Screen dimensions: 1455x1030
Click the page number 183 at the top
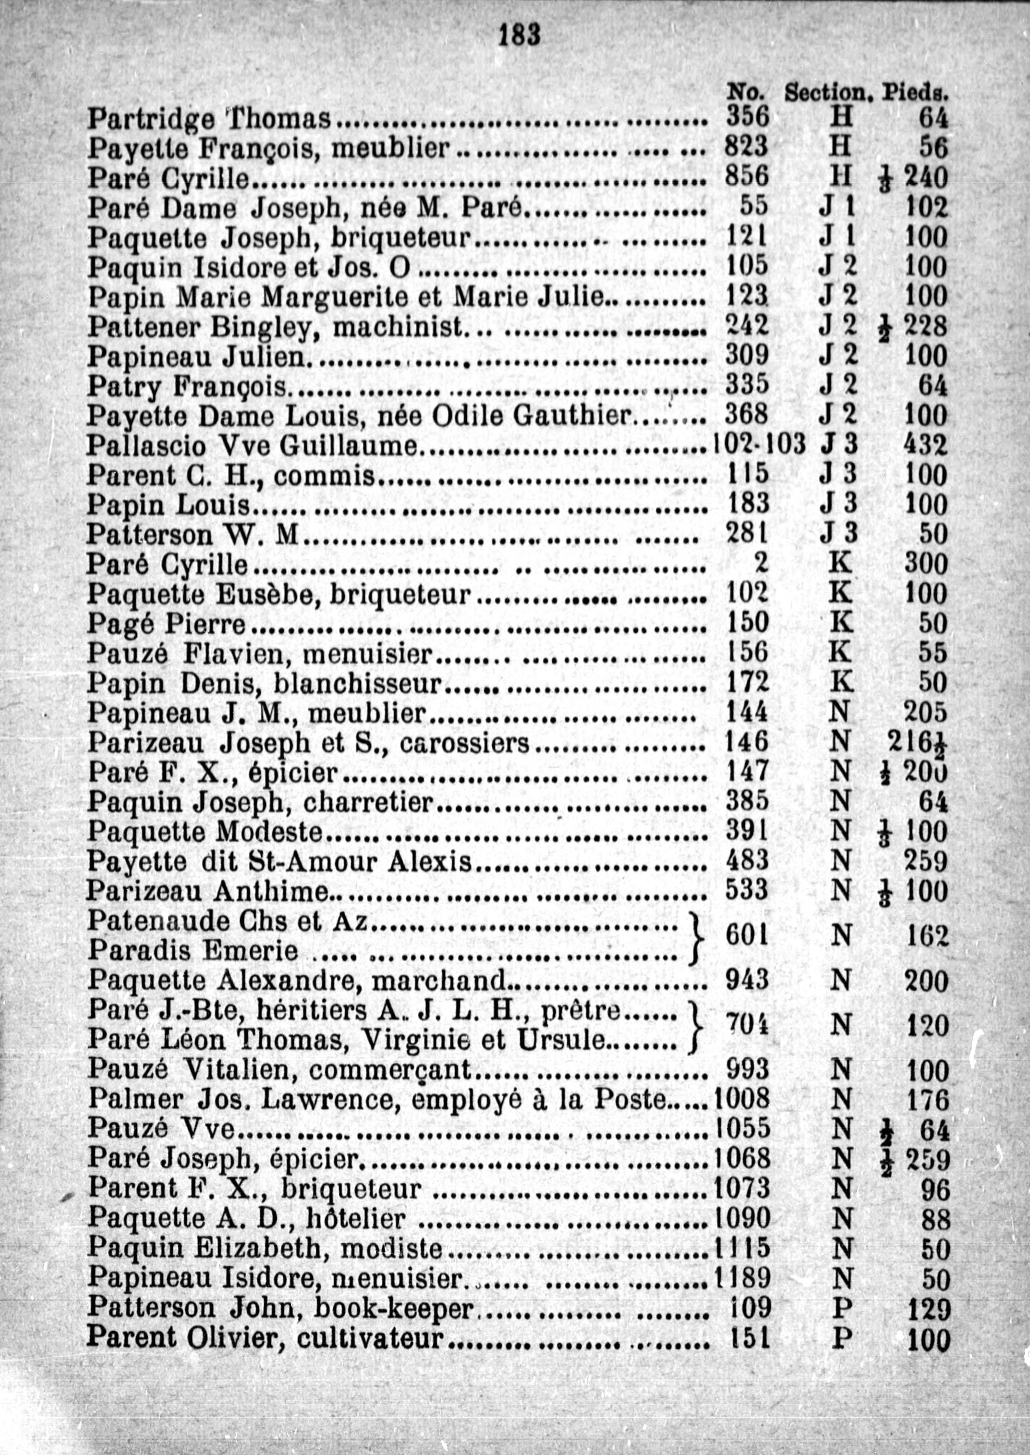[x=519, y=35]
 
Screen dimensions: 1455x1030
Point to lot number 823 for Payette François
[x=746, y=147]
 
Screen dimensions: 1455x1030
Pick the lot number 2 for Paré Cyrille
[x=761, y=562]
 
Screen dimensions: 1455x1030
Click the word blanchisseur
[x=357, y=683]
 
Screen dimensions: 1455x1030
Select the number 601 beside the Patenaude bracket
[x=746, y=935]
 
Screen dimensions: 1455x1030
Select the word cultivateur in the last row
[x=369, y=1338]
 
